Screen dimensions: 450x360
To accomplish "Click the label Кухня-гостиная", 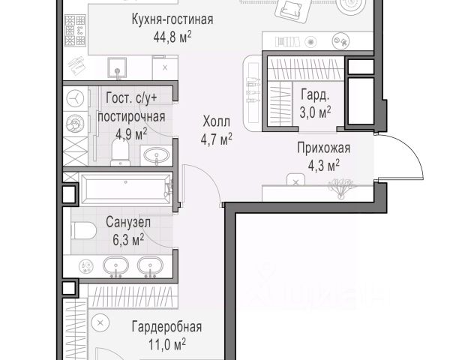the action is (x=172, y=19).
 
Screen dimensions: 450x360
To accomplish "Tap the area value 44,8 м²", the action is (x=172, y=37).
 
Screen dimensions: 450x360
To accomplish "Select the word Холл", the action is (x=217, y=121).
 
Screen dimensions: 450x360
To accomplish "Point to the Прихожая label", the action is (x=323, y=148).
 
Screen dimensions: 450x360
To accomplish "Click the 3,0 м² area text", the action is (x=315, y=112).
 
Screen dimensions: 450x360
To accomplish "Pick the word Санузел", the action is (x=128, y=222).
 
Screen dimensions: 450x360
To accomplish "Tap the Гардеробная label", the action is (x=166, y=327).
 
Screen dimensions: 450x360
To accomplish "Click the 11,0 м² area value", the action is (x=167, y=344).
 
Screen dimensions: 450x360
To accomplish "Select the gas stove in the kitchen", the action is (x=76, y=31).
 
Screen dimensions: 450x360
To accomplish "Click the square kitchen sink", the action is (x=117, y=67).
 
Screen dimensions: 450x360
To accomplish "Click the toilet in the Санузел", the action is (x=83, y=231).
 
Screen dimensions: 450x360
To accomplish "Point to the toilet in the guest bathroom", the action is (x=120, y=152).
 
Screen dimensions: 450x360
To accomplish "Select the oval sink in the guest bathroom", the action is (x=156, y=155).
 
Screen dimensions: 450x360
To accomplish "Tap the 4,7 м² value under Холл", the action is (x=217, y=139).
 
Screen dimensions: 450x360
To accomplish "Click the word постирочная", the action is (x=131, y=117).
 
